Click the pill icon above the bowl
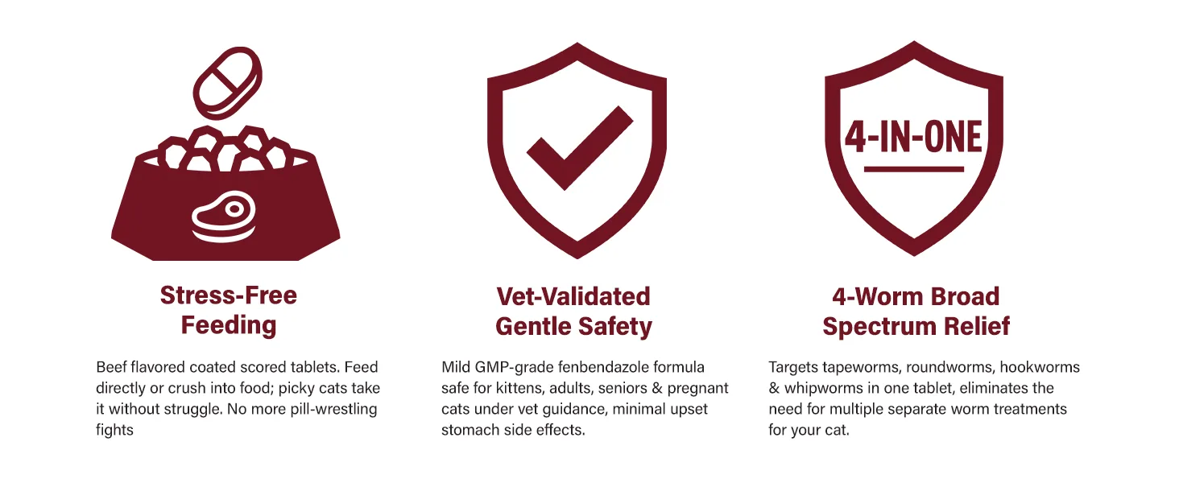tap(227, 83)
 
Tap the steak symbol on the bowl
tap(224, 217)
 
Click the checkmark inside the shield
tap(580, 148)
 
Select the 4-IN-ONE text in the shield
tap(913, 137)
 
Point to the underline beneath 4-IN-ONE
tap(914, 169)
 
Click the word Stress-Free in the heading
tap(229, 295)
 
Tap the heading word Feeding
tap(229, 325)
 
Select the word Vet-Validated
tap(573, 296)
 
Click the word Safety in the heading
tap(614, 326)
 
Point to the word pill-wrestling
tap(333, 409)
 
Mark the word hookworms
tap(1040, 367)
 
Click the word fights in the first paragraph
tap(114, 430)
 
